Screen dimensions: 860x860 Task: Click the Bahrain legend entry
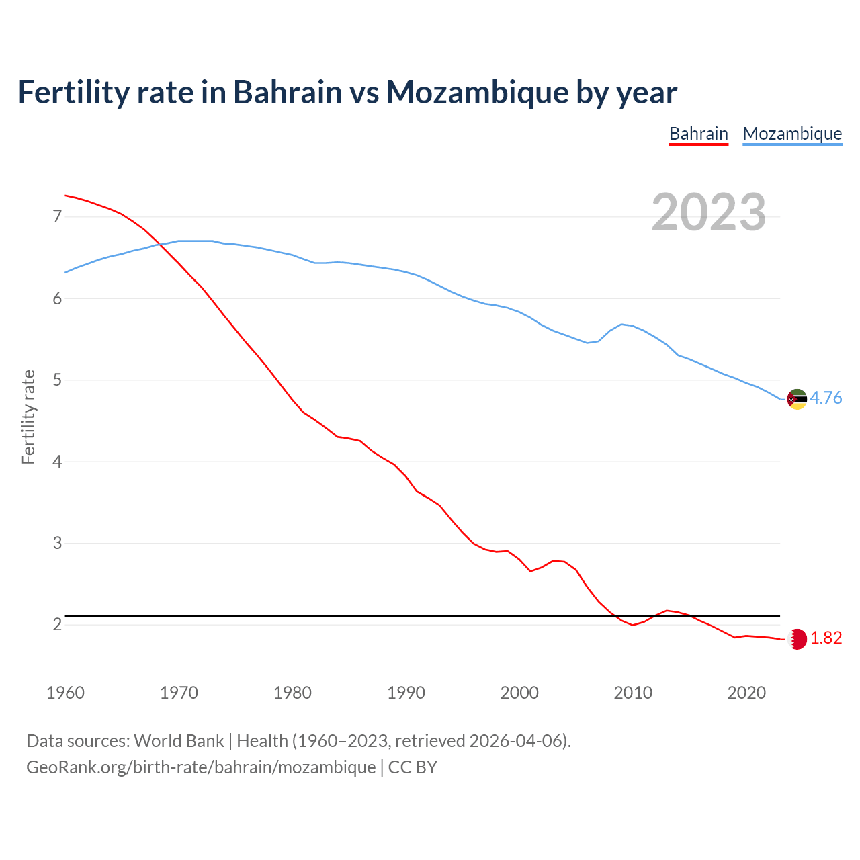(x=699, y=134)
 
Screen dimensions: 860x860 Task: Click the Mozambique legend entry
(x=792, y=134)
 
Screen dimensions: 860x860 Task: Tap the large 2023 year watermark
(x=709, y=212)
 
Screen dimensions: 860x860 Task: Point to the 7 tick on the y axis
(x=57, y=216)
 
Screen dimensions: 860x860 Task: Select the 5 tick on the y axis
(x=57, y=380)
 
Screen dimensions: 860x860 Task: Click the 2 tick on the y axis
(x=57, y=625)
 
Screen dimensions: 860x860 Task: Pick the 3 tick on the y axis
(x=57, y=543)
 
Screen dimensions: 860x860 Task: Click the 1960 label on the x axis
(x=65, y=693)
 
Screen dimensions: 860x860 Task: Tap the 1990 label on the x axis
(x=406, y=693)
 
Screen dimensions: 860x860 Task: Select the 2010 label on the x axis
(x=633, y=693)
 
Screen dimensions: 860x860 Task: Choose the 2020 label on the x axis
(x=746, y=693)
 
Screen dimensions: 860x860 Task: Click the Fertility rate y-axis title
(x=28, y=417)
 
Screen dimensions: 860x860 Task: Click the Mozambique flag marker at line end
(x=797, y=399)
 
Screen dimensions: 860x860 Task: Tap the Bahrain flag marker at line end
(x=797, y=639)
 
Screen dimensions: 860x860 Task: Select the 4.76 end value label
(x=826, y=398)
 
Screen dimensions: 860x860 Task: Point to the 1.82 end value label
(x=826, y=638)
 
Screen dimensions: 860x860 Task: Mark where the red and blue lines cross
(x=161, y=244)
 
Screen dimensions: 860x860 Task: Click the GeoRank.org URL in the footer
(x=201, y=767)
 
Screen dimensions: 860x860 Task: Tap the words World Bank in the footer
(x=179, y=741)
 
